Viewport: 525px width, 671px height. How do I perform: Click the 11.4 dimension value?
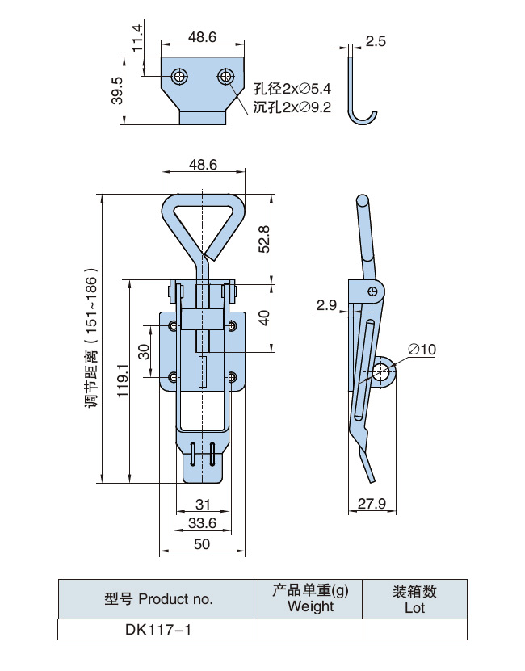[x=136, y=36]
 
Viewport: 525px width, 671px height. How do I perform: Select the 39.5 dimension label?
[x=116, y=90]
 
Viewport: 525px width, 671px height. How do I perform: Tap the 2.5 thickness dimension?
[x=376, y=40]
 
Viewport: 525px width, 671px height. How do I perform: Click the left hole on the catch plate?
[x=179, y=77]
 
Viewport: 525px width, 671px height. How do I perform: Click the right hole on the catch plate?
[x=226, y=77]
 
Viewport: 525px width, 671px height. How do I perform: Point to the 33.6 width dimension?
[x=202, y=523]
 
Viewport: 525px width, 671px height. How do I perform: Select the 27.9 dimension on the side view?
[x=372, y=505]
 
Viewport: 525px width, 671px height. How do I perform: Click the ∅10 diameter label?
[x=422, y=349]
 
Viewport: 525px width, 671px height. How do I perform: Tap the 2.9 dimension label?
[x=327, y=304]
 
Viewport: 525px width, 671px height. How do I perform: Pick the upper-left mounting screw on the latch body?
[x=173, y=325]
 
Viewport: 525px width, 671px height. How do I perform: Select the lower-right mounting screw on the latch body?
[x=233, y=376]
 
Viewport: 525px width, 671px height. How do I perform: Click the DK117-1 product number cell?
[x=157, y=629]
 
